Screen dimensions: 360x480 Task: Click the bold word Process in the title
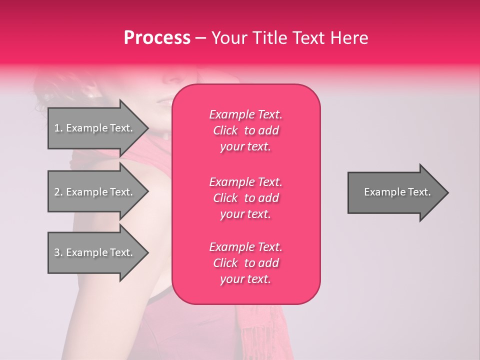[157, 38]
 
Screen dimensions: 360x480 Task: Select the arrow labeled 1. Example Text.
[95, 128]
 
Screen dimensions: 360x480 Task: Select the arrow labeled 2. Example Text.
[95, 192]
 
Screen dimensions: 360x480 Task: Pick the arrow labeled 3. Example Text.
[95, 252]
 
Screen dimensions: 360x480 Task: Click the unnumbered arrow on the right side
[395, 192]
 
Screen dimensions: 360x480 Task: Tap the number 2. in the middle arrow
[58, 192]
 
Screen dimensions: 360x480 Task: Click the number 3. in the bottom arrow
[58, 252]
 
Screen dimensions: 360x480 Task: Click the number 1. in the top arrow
[58, 128]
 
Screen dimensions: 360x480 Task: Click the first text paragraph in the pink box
[245, 130]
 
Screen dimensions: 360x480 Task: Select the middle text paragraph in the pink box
[245, 198]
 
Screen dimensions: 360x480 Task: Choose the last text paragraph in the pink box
[245, 263]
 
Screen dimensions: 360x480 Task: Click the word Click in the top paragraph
[225, 130]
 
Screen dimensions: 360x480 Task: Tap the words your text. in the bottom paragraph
[245, 279]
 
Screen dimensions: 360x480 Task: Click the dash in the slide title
[201, 38]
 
